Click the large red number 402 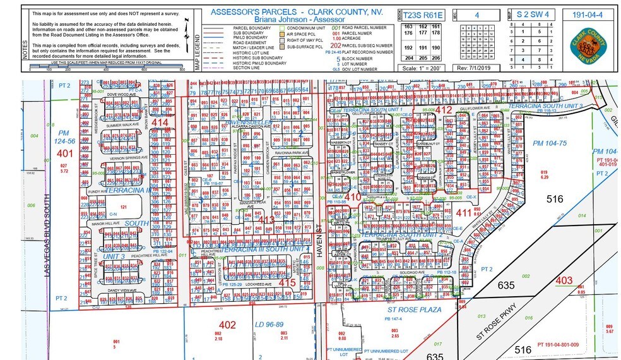[227, 325]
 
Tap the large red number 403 [564, 280]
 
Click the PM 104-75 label [547, 144]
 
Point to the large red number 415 [287, 282]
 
